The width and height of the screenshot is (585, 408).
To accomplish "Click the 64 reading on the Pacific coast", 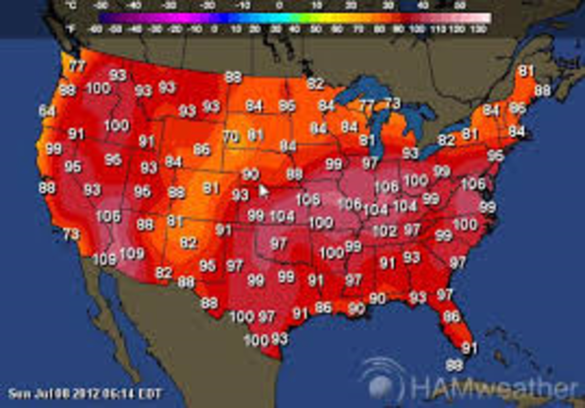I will (47, 111).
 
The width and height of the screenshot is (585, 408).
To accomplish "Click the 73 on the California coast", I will (70, 235).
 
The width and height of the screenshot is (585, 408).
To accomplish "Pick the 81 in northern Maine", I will (526, 70).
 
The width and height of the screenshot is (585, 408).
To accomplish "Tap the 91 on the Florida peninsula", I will (470, 348).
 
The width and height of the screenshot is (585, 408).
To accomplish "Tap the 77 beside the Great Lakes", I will (366, 106).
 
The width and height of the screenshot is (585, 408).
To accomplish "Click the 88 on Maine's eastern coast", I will (543, 90).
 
